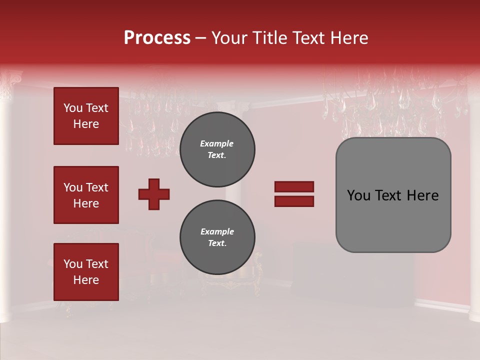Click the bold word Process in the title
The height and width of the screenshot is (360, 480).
[x=157, y=38]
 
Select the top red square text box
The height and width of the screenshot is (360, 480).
[x=86, y=116]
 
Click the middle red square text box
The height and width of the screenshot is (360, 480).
[x=86, y=195]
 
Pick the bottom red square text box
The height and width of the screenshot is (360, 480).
[x=86, y=272]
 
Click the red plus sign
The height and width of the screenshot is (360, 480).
[x=154, y=194]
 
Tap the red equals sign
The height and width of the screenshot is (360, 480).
[x=294, y=194]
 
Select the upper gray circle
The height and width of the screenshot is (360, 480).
[x=217, y=149]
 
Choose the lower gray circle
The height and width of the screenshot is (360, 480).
[x=217, y=237]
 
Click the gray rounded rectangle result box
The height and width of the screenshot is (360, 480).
[x=393, y=195]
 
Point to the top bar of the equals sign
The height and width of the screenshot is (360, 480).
[x=294, y=187]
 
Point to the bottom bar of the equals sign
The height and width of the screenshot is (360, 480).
[x=294, y=201]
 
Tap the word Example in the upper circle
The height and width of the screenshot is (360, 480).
[x=217, y=143]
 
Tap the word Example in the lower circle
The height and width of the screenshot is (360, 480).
[x=217, y=231]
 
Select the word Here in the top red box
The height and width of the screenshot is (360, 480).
[x=86, y=124]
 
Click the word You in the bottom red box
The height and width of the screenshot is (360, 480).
[x=73, y=264]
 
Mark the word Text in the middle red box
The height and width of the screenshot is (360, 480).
[x=96, y=187]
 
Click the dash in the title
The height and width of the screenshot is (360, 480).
[x=201, y=38]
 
